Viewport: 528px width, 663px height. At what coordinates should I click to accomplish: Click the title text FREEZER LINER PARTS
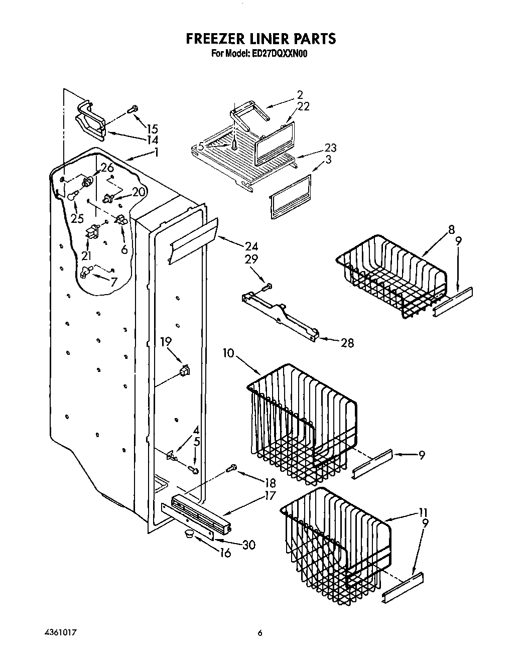(x=260, y=39)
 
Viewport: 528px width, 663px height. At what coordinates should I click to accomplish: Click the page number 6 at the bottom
(x=260, y=633)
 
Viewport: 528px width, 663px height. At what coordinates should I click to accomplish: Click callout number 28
(x=347, y=343)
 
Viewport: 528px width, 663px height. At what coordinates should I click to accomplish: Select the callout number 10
(x=228, y=353)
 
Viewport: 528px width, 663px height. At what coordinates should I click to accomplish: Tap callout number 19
(x=166, y=342)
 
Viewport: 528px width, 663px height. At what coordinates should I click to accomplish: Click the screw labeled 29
(x=267, y=287)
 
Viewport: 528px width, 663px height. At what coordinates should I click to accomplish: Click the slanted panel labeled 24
(x=193, y=241)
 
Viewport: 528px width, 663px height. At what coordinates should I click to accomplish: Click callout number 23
(x=330, y=148)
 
